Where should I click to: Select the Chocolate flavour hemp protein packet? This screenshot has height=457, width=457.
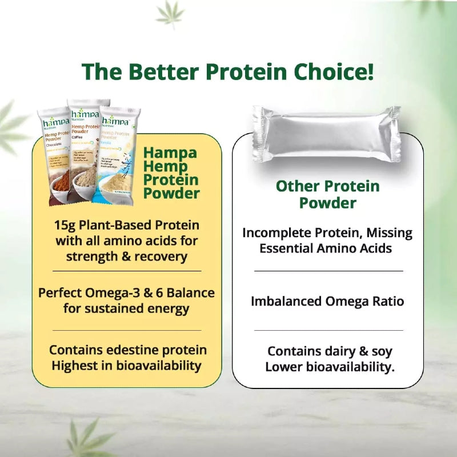(x=54, y=154)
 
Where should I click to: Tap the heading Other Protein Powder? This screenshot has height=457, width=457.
(x=328, y=194)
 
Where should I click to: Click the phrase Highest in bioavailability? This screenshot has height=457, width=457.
(x=126, y=366)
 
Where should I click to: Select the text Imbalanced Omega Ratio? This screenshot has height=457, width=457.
(x=327, y=301)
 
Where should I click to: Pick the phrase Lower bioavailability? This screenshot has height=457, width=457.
(x=330, y=367)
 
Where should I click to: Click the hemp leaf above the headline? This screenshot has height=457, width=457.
(x=170, y=14)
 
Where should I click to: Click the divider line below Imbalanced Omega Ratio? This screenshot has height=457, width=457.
(x=328, y=330)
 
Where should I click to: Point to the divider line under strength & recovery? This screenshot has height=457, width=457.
(x=127, y=270)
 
